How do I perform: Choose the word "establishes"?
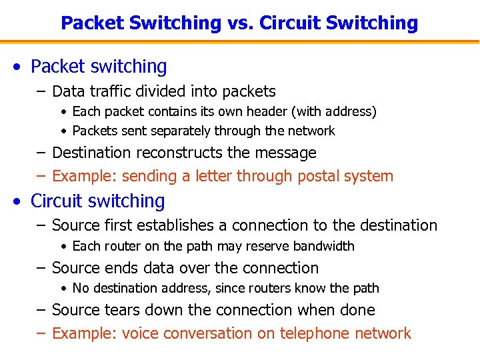coord(175,225)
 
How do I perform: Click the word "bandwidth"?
coord(321,246)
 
